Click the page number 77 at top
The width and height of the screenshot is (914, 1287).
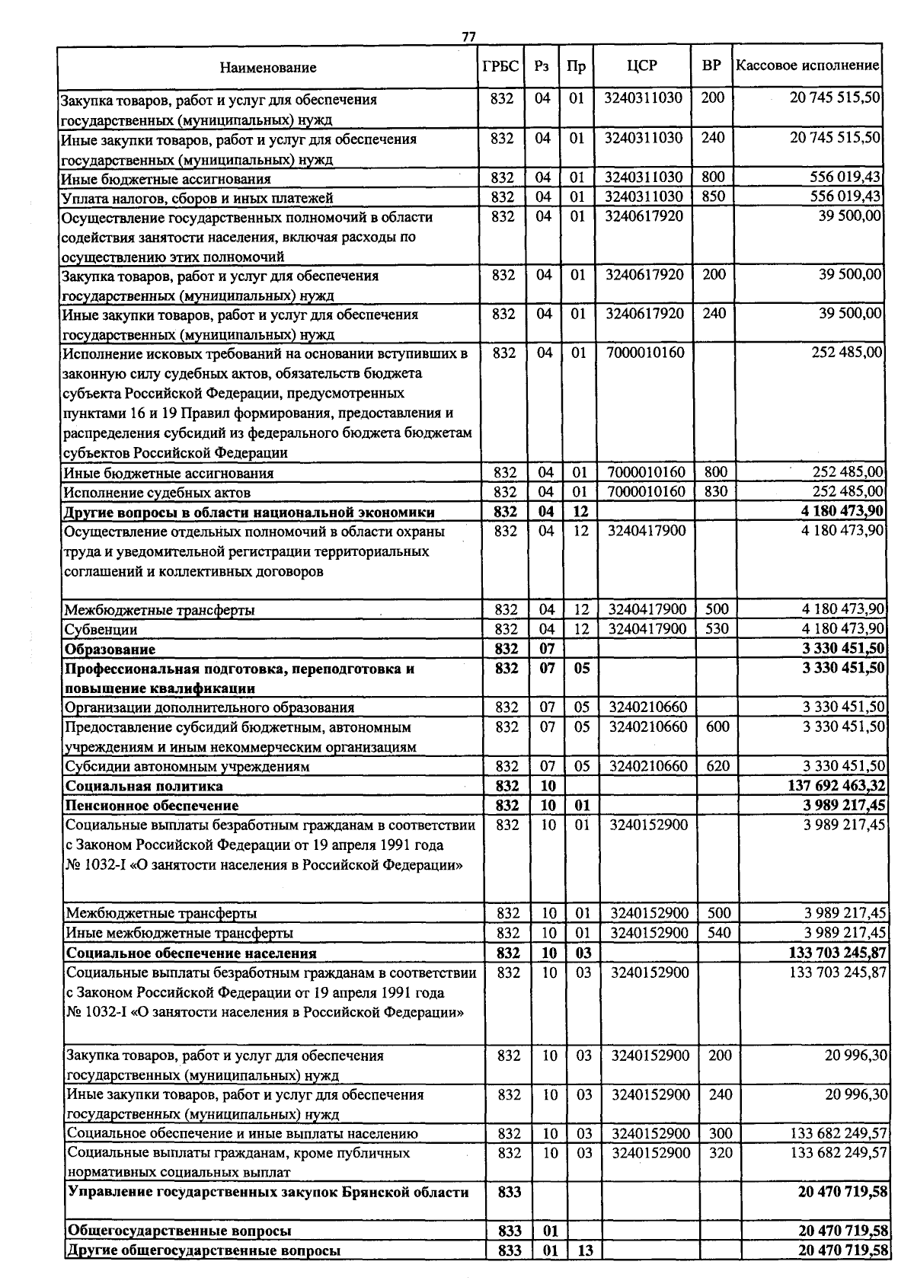(x=468, y=37)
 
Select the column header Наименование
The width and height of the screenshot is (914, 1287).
(x=268, y=68)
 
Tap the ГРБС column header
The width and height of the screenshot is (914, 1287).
(x=500, y=66)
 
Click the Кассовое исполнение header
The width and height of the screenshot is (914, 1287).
(x=807, y=65)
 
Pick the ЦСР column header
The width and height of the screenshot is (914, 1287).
(x=641, y=66)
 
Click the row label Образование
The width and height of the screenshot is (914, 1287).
(x=110, y=650)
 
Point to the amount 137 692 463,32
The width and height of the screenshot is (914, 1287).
(x=838, y=786)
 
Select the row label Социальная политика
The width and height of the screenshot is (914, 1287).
(x=145, y=786)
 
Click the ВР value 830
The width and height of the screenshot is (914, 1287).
(x=716, y=492)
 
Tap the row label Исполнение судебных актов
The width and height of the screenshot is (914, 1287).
(x=157, y=493)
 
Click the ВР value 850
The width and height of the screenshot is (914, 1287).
(x=714, y=197)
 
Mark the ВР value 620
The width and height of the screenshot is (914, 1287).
(x=717, y=766)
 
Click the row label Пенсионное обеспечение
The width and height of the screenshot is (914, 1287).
(x=152, y=806)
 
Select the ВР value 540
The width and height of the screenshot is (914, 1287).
(x=719, y=933)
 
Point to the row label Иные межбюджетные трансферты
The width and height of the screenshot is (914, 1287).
(x=180, y=933)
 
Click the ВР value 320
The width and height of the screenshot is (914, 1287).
(x=721, y=1153)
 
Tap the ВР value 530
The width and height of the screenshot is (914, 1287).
(x=717, y=629)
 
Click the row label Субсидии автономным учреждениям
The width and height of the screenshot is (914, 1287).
(x=187, y=767)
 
